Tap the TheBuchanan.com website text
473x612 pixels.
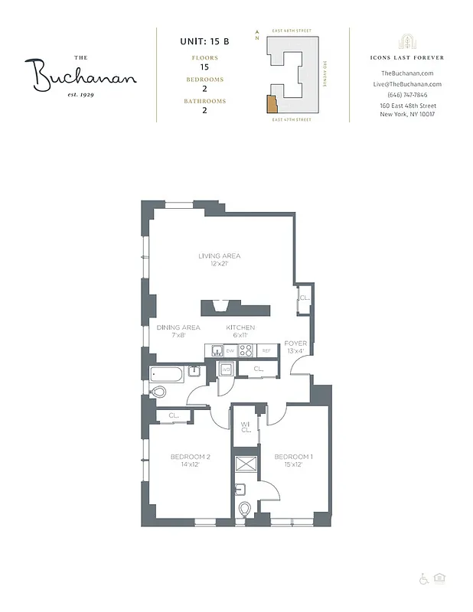pos(407,73)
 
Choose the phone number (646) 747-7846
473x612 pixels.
pos(407,94)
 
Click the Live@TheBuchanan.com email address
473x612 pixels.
pos(407,83)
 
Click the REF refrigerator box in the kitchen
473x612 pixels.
pos(267,351)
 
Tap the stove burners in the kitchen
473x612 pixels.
pos(246,351)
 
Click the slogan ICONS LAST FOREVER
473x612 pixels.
pos(407,57)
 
